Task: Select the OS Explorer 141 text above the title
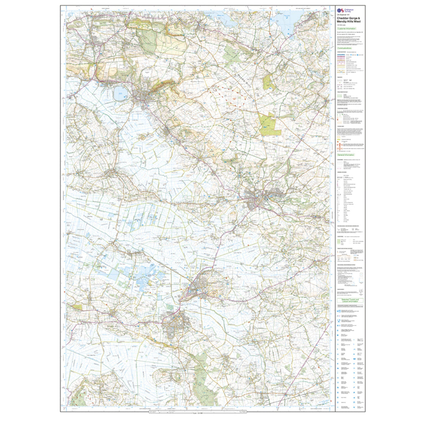coord(343,15)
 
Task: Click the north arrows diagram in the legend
coord(361,291)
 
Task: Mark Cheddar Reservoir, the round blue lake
coord(121,94)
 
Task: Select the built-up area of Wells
coord(264,198)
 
